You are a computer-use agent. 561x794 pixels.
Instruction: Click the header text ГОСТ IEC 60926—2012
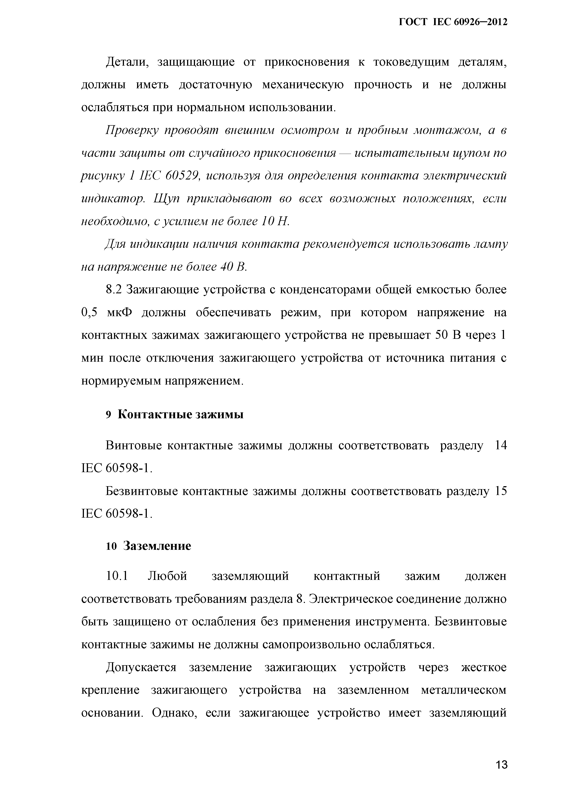coord(453,22)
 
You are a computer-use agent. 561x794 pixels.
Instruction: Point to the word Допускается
coord(141,667)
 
